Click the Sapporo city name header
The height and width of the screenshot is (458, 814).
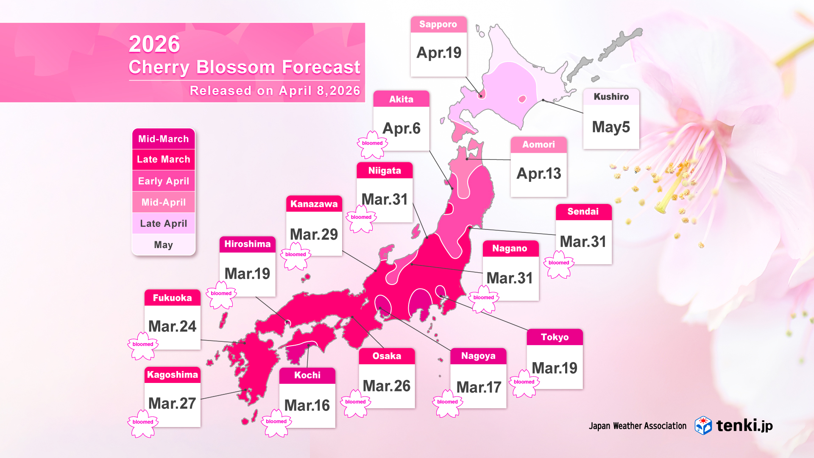point(438,25)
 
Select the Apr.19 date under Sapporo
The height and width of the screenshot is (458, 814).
point(439,53)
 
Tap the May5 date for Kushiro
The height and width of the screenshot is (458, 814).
point(611,127)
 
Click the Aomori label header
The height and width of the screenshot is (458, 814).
point(538,145)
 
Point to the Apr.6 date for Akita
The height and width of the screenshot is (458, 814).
point(401,128)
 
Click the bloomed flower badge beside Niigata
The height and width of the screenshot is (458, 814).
point(361,218)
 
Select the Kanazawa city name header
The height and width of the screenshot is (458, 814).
point(314,204)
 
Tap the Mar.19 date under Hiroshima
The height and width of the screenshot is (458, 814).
point(247,274)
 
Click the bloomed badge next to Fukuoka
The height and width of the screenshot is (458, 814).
point(143,345)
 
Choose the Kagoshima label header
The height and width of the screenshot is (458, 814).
point(172,375)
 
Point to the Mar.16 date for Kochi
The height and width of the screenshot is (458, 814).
point(307,405)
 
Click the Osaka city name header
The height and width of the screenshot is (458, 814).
point(387,356)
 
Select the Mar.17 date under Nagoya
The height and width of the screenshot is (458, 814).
point(479,387)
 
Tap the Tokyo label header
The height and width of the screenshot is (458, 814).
point(555,337)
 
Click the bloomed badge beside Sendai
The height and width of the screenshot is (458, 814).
point(559,264)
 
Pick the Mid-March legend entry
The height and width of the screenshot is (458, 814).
point(163,139)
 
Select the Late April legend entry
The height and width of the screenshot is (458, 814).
point(163,223)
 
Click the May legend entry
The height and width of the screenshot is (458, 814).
point(163,245)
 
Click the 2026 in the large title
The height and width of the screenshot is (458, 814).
point(154,44)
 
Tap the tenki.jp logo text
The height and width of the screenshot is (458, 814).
point(744,425)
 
